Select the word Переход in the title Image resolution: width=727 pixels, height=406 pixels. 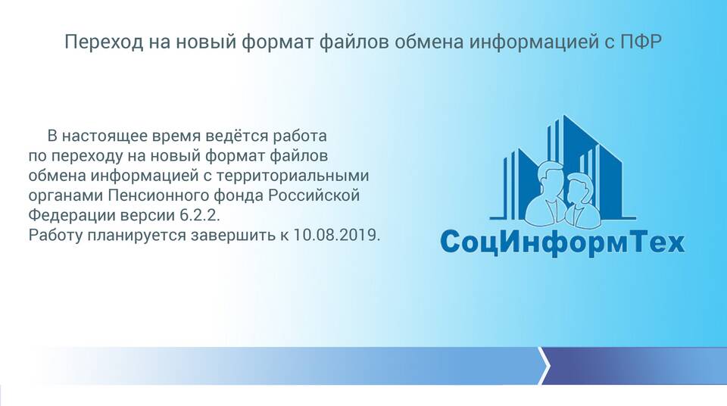(x=104, y=42)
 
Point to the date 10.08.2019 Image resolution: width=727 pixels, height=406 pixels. (x=336, y=235)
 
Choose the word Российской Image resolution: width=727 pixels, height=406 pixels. (x=314, y=195)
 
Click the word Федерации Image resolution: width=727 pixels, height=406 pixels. (x=73, y=216)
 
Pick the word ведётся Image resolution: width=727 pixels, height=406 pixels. (x=236, y=136)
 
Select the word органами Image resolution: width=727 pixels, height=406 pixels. (x=66, y=196)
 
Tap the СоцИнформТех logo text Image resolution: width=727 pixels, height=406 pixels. (x=562, y=242)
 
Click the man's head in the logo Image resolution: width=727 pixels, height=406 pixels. (x=551, y=179)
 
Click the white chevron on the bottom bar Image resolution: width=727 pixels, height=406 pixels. (x=544, y=366)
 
